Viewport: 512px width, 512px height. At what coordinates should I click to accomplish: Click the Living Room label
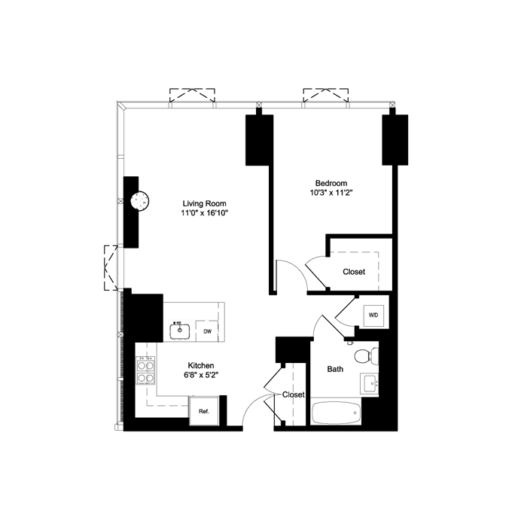204,203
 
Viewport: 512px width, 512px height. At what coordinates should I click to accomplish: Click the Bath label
335,370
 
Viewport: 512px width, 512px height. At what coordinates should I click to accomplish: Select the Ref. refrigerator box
203,411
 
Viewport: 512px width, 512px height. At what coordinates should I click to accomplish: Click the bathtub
336,413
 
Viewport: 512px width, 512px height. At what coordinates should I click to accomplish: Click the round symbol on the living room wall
139,201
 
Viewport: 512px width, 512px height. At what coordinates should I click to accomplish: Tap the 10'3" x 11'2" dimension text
331,194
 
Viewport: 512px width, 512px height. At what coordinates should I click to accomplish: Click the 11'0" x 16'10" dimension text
204,213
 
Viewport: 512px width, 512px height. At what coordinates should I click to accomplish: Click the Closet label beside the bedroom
354,272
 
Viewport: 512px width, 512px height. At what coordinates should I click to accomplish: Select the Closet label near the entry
294,395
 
